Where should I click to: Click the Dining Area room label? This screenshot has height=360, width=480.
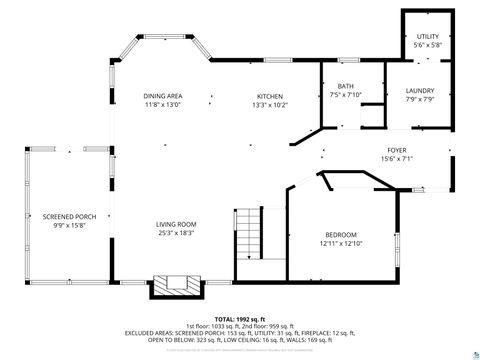tap(162, 96)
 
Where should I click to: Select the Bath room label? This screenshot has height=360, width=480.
tap(346, 87)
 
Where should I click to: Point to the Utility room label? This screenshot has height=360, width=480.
tap(427, 36)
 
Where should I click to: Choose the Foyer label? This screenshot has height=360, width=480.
tap(397, 151)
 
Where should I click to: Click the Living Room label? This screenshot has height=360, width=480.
tap(176, 224)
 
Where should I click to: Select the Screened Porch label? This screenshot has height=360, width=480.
tap(69, 216)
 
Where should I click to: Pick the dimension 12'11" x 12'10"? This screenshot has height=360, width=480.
tap(340, 243)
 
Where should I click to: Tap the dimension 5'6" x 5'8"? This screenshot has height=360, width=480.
tap(427, 45)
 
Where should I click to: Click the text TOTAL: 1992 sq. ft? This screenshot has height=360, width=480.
tap(240, 318)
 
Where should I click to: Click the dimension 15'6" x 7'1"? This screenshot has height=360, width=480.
tap(397, 159)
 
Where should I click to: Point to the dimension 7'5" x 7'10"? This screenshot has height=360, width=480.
tap(346, 95)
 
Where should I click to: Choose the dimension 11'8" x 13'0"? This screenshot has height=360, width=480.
tap(162, 104)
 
